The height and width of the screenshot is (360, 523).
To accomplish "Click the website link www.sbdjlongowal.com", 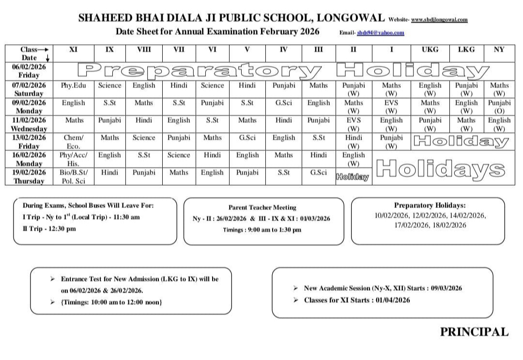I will tap(439, 20).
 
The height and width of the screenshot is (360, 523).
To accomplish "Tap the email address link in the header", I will tap(380, 33).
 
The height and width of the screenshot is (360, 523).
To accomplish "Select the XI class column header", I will tap(74, 49).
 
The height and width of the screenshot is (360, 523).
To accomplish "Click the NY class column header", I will tap(499, 49).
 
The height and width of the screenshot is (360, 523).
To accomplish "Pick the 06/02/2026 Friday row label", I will tap(29, 71).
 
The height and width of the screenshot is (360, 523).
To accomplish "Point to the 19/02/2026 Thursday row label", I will tap(29, 177).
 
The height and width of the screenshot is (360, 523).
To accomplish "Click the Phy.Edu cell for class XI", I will tap(74, 86).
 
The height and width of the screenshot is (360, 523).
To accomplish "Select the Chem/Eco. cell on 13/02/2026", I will tap(74, 141).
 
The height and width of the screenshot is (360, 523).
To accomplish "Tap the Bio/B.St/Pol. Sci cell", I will tap(74, 177).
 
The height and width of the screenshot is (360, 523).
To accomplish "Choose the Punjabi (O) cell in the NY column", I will tap(499, 106).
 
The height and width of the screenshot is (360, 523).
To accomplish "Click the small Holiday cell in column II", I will tap(353, 178).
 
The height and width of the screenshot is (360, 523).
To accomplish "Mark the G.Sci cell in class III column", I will tap(318, 173).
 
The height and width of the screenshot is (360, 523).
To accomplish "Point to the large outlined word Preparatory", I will tap(201, 71).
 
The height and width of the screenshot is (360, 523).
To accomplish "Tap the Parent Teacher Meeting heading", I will tap(262, 207).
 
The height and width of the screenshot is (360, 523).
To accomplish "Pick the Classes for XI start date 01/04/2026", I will tap(392, 300).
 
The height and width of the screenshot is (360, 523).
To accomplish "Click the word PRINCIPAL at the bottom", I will tap(474, 332).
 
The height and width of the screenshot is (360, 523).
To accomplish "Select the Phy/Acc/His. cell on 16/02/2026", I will tap(74, 159).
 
